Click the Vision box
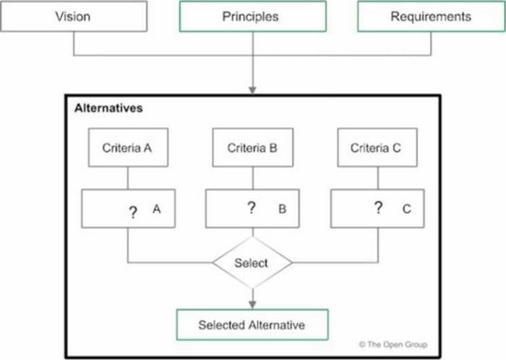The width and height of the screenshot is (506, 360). click(x=74, y=16)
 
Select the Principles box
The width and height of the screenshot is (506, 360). click(x=253, y=16)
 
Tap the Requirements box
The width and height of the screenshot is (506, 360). click(x=432, y=16)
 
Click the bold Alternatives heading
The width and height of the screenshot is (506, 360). click(x=108, y=108)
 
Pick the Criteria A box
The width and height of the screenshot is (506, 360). click(x=128, y=147)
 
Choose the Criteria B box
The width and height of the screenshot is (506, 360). click(x=253, y=147)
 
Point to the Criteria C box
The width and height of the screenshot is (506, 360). click(x=377, y=147)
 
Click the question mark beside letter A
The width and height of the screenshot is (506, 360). click(x=132, y=213)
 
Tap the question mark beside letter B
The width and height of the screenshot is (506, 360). click(x=252, y=207)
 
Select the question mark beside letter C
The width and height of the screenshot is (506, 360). click(x=378, y=207)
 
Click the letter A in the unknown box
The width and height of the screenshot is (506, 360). click(x=157, y=209)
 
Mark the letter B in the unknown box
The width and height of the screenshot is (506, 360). click(x=283, y=209)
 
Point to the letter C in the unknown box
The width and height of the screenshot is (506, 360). click(x=406, y=209)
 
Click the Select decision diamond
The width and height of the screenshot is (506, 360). click(x=253, y=262)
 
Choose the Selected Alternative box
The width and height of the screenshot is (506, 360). click(x=252, y=325)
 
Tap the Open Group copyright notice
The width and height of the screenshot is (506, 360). click(x=393, y=345)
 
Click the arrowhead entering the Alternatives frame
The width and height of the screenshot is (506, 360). click(x=253, y=90)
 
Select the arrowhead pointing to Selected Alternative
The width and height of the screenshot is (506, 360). click(x=253, y=304)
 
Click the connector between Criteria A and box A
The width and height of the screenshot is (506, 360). click(x=128, y=178)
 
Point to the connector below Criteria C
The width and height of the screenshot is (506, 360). click(x=378, y=178)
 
